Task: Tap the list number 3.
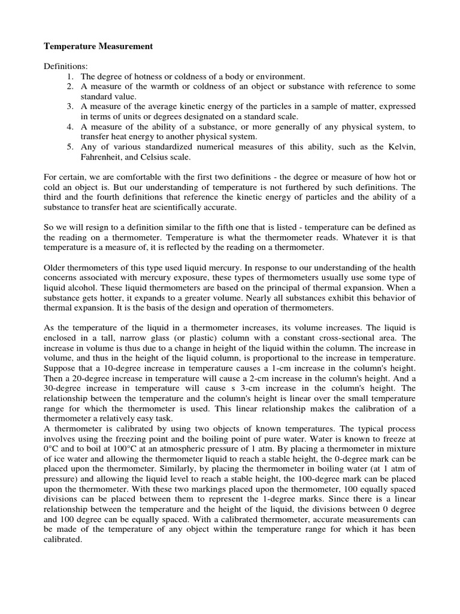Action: pos(69,107)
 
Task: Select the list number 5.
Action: pos(69,147)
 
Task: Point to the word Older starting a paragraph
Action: pos(57,268)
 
